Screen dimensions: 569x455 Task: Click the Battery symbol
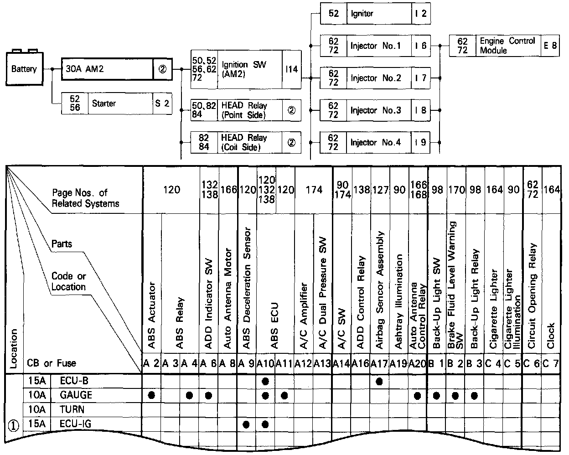pos(24,68)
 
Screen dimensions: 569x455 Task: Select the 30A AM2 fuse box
pos(107,69)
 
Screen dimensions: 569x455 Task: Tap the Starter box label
pos(104,103)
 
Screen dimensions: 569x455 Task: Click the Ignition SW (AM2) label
pos(243,69)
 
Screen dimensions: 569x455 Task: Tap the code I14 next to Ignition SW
pos(291,69)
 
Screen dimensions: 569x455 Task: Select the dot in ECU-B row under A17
pos(379,381)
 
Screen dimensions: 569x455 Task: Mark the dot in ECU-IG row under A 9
pos(247,424)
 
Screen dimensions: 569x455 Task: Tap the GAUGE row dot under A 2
pos(152,395)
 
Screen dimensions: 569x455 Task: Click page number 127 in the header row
pos(380,189)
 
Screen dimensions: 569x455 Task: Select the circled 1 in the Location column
pos(13,425)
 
